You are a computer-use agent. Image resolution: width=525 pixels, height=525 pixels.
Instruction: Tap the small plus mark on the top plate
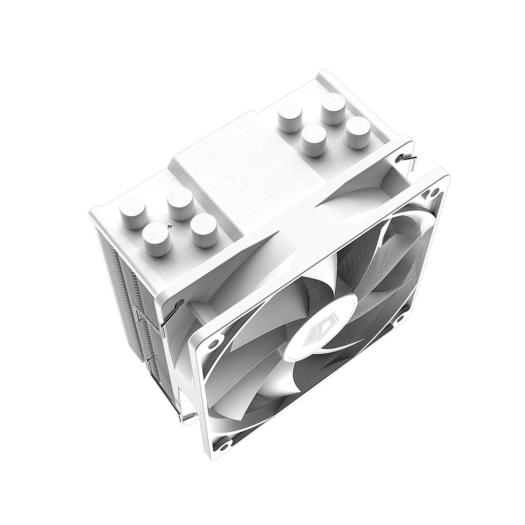[x=170, y=225]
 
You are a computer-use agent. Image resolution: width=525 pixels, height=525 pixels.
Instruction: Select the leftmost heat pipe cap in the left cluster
[x=133, y=213]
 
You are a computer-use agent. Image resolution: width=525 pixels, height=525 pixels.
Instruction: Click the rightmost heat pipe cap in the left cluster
[x=204, y=230]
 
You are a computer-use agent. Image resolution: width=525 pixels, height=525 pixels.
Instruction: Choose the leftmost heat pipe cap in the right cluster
[x=290, y=116]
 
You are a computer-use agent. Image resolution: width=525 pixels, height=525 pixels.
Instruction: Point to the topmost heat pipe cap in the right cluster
[x=333, y=108]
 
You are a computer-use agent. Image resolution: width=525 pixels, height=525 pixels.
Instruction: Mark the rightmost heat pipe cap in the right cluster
[x=357, y=132]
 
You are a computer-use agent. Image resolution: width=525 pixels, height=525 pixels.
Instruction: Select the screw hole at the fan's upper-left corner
[x=212, y=342]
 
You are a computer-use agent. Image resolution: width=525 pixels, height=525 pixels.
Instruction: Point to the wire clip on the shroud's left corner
[x=172, y=314]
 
